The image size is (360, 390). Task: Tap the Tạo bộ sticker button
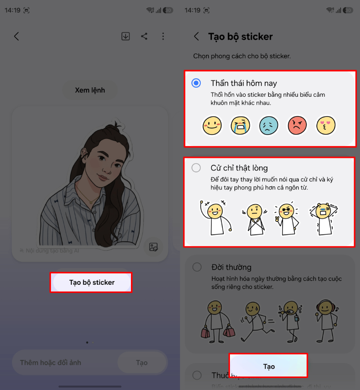click(91, 282)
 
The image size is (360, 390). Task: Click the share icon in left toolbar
click(144, 36)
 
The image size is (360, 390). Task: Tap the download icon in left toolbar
click(126, 36)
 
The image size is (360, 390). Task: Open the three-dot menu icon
click(163, 36)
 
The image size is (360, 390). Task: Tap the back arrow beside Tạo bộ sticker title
click(196, 36)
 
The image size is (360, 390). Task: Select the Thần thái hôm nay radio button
click(196, 83)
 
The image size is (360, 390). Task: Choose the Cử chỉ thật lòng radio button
click(196, 168)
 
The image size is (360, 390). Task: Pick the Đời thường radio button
click(197, 267)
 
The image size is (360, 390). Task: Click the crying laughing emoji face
click(240, 125)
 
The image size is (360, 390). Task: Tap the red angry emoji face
click(297, 125)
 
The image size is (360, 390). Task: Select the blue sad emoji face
click(269, 125)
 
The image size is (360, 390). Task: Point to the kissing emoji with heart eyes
click(326, 125)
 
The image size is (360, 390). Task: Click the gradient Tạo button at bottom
click(269, 366)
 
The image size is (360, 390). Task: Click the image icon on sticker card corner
click(153, 247)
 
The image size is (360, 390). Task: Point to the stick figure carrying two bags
click(214, 319)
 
